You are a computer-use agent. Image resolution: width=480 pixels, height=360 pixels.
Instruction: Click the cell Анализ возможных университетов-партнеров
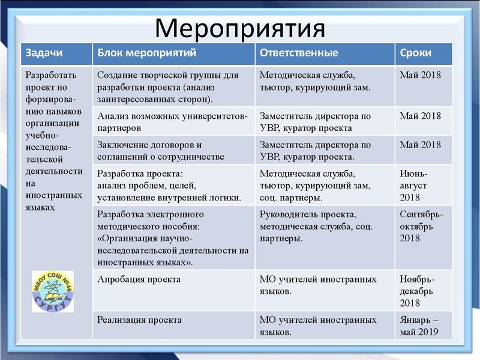point(172,121)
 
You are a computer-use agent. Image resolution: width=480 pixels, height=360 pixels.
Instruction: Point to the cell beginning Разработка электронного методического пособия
point(173,238)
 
